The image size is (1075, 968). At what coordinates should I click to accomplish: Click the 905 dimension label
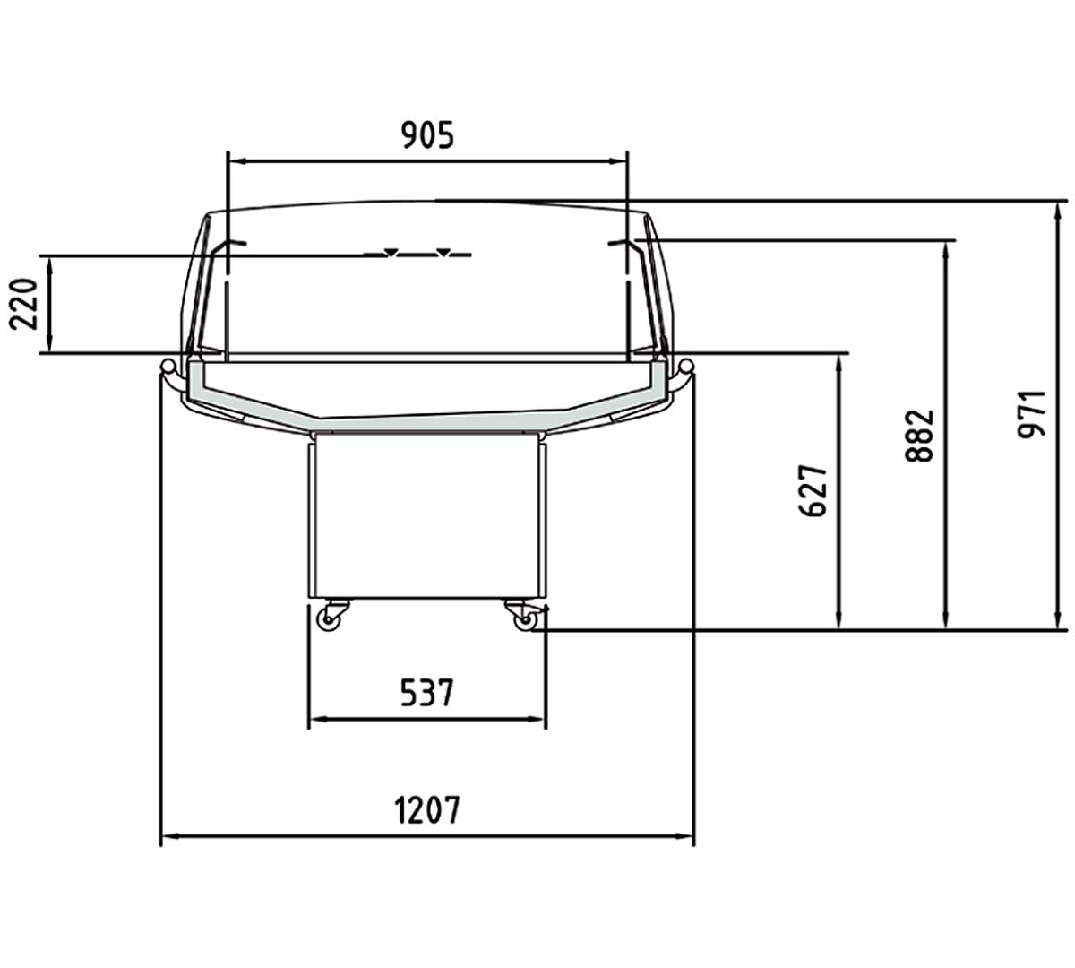click(427, 135)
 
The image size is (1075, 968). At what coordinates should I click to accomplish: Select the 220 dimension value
click(23, 304)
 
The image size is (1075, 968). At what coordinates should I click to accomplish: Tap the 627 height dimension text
click(813, 490)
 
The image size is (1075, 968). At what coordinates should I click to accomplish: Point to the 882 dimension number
click(919, 436)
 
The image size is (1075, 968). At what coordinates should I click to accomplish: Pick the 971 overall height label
click(1032, 414)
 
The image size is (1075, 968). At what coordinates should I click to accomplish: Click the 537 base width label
click(427, 692)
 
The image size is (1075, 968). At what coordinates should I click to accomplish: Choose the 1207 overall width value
click(427, 809)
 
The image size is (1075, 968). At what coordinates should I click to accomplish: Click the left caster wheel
click(329, 620)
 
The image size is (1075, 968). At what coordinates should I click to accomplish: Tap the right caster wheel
click(525, 620)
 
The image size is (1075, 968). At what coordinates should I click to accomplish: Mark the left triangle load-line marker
click(391, 252)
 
